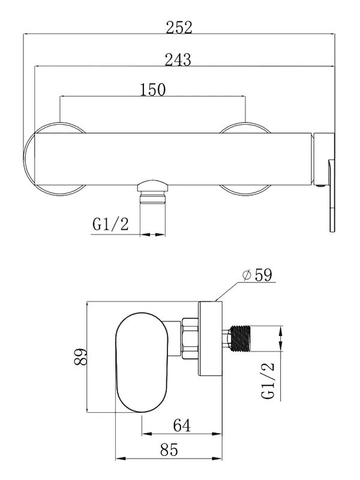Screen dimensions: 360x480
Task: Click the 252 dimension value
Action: coord(179,28)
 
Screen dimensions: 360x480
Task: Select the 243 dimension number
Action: coord(178,59)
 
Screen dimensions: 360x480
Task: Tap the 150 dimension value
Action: coord(153,89)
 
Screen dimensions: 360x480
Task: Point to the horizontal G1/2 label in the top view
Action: coord(111,224)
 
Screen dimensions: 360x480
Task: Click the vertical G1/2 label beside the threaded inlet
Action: coord(268,380)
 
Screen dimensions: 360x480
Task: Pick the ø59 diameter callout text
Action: coord(257,275)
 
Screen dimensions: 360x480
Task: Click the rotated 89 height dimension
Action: coord(80,356)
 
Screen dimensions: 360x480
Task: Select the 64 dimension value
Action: coord(182,425)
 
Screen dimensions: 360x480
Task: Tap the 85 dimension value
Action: coord(169,449)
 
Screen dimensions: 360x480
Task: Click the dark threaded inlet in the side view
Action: coord(241,338)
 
